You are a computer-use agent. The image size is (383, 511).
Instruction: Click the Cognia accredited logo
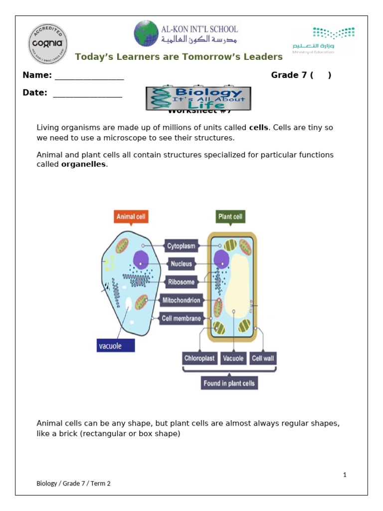[47, 43]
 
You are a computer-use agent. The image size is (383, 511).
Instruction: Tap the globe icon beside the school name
[146, 33]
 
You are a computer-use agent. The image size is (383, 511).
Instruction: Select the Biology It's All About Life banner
[198, 98]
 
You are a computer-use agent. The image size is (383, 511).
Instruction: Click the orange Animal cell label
[132, 217]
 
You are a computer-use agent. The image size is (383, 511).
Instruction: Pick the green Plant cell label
[230, 217]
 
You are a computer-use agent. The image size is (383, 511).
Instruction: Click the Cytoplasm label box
[181, 246]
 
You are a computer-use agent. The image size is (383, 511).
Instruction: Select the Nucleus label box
[181, 264]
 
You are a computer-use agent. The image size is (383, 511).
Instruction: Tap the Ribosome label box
[181, 282]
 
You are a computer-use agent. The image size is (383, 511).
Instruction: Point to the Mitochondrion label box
[181, 300]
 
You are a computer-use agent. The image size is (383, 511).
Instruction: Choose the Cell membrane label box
[181, 318]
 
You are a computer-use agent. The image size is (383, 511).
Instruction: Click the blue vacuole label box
[115, 345]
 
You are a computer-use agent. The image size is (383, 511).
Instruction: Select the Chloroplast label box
[199, 358]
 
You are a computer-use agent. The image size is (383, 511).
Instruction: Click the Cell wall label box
[263, 358]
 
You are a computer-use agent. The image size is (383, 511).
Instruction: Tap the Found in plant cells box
[229, 383]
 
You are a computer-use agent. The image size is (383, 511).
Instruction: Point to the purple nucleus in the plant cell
[221, 259]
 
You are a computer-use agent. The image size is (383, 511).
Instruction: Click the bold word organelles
[83, 164]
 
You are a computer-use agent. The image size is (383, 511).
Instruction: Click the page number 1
[345, 475]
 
